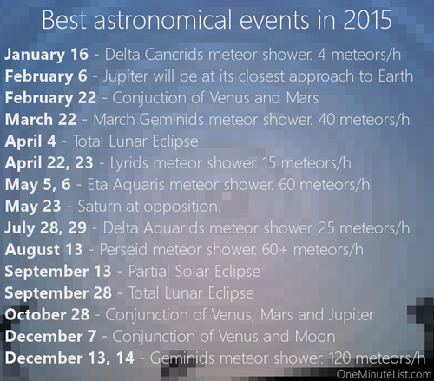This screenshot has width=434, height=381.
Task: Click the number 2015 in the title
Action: (367, 20)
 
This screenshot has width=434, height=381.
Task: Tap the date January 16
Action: (46, 55)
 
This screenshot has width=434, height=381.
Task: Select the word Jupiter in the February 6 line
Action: (126, 77)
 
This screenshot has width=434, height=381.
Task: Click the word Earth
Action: (396, 76)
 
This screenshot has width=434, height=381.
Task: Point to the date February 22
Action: (50, 98)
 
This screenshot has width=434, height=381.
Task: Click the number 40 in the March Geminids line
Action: (326, 120)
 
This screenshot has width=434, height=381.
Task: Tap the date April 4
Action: (30, 141)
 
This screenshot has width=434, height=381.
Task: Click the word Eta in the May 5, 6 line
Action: (97, 185)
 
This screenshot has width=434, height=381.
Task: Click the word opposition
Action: (182, 207)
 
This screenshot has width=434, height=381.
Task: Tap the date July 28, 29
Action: (46, 228)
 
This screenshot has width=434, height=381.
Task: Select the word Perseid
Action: (123, 250)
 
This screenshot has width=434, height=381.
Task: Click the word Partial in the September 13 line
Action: (148, 272)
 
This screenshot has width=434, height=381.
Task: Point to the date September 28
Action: (58, 293)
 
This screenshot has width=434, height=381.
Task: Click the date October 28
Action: (47, 314)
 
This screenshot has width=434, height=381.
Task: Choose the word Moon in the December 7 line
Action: (315, 337)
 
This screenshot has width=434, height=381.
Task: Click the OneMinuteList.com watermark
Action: (384, 374)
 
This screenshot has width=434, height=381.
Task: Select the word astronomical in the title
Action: (163, 20)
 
